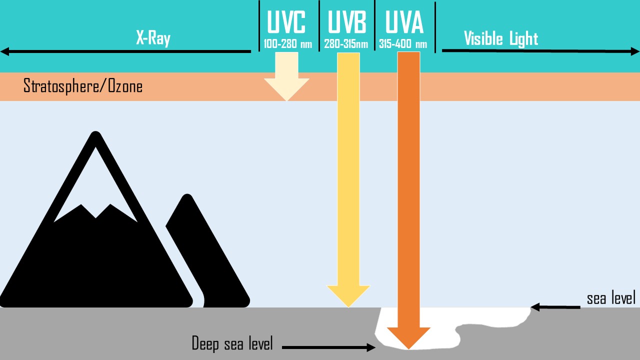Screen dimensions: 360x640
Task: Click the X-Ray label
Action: (153, 38)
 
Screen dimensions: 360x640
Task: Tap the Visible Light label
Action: (500, 38)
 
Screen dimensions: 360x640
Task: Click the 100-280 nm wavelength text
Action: (288, 44)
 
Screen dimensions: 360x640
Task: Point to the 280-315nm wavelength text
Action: (346, 44)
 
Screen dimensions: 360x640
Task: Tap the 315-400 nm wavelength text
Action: (403, 44)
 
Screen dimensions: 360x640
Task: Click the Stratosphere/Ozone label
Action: (83, 86)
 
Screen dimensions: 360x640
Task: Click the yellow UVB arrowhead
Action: (348, 295)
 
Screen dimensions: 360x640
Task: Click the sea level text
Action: (611, 298)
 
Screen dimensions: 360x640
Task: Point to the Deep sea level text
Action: (232, 343)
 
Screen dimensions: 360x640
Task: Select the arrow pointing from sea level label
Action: (555, 307)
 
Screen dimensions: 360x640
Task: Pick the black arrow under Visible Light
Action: (540, 51)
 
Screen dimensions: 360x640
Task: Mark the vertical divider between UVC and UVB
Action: (319, 26)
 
